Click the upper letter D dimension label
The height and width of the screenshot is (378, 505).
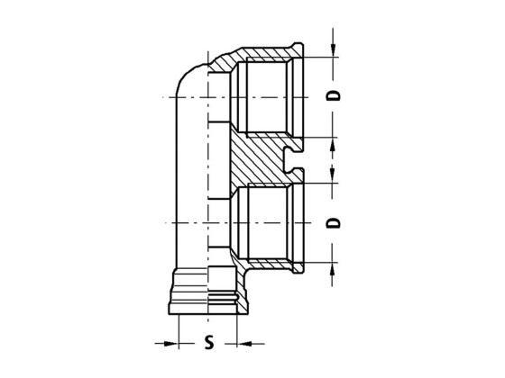pos(334,95)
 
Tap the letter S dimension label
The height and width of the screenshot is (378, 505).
pos(209,344)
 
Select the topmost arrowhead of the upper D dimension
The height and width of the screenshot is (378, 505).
pos(334,50)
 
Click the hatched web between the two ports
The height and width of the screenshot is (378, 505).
pos(257,158)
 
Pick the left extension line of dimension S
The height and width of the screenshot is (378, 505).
pos(180,328)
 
